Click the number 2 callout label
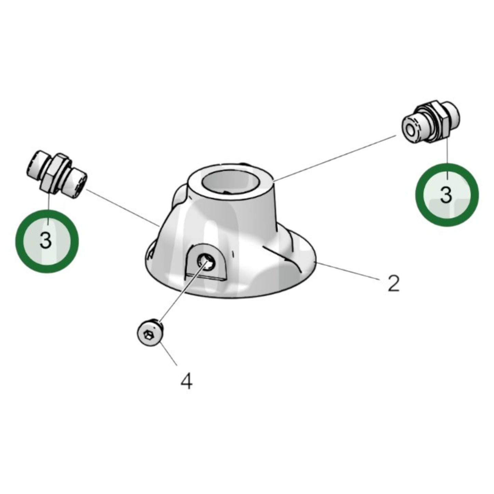coord(393,283)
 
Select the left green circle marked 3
coord(47,241)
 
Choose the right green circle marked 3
coord(447,195)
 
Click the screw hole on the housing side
coord(206,262)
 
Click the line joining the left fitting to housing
coord(123,207)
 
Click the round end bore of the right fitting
coord(410,129)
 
